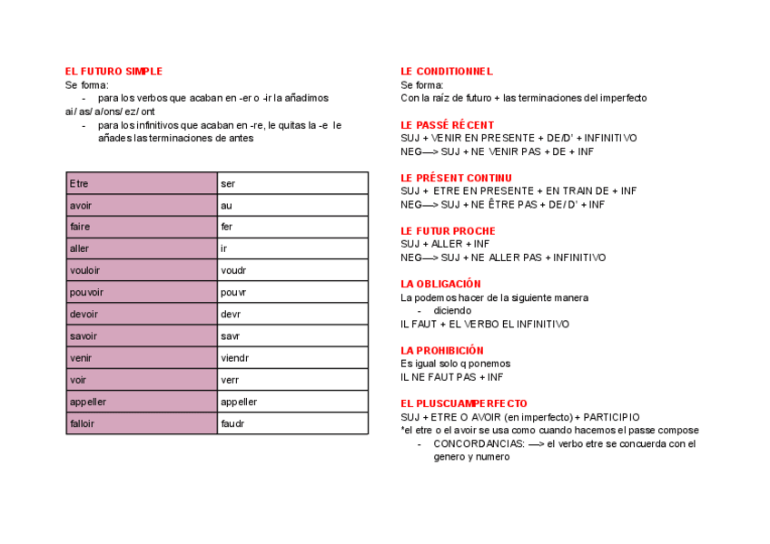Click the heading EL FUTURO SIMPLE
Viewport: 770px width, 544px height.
(114, 72)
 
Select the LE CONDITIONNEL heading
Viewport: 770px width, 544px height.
(446, 72)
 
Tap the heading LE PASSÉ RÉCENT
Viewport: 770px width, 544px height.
(447, 125)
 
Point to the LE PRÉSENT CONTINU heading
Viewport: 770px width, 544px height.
(456, 178)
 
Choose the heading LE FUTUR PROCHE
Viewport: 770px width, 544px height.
(448, 231)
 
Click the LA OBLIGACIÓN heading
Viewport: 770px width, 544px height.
(440, 284)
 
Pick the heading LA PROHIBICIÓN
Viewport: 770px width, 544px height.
(442, 350)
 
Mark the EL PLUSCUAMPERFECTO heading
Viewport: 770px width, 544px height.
(463, 403)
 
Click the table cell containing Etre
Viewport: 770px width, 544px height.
(142, 184)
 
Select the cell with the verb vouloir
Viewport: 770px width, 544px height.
(142, 270)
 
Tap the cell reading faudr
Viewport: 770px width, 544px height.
(292, 423)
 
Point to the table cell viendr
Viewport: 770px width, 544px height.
(292, 358)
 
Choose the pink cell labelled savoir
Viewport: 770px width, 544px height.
(142, 336)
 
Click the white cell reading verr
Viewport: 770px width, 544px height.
(292, 380)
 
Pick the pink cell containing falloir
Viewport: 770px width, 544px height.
(142, 423)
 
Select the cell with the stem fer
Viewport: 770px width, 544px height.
(292, 227)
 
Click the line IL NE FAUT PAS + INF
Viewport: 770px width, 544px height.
(451, 377)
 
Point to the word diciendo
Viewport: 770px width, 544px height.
(452, 310)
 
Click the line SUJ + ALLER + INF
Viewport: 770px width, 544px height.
(445, 244)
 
